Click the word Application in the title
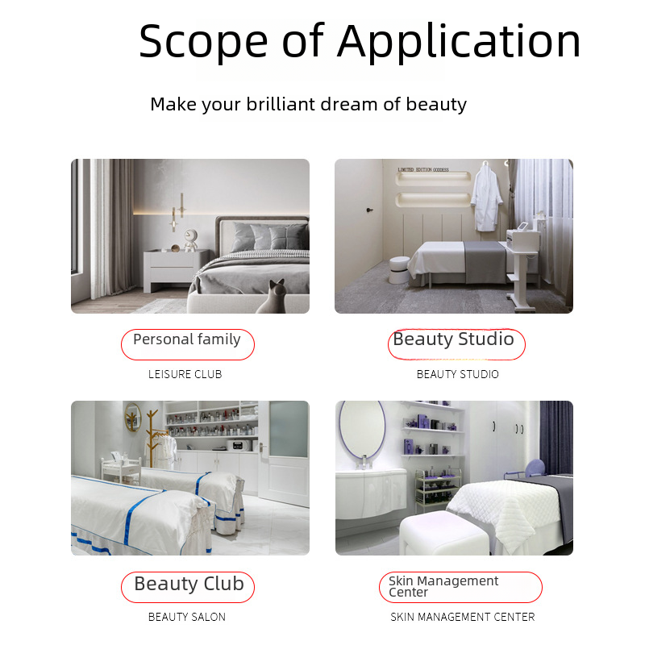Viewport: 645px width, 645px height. (x=459, y=42)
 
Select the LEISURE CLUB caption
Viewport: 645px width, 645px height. (x=185, y=374)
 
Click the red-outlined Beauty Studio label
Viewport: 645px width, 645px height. (x=456, y=344)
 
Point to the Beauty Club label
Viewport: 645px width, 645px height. (x=188, y=587)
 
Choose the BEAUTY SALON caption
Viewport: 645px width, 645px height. (x=187, y=617)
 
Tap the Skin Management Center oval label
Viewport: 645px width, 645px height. (x=460, y=587)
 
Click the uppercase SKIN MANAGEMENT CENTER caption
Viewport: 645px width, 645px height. (x=463, y=617)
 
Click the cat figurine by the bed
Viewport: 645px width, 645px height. (x=273, y=297)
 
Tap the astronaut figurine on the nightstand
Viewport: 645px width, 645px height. (x=190, y=240)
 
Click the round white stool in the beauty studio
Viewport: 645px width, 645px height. (x=399, y=270)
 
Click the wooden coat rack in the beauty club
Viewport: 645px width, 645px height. (x=152, y=437)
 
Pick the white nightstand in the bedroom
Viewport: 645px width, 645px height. (x=177, y=270)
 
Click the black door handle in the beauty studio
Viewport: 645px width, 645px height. (x=369, y=210)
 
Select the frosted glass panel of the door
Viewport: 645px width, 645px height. (x=289, y=429)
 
